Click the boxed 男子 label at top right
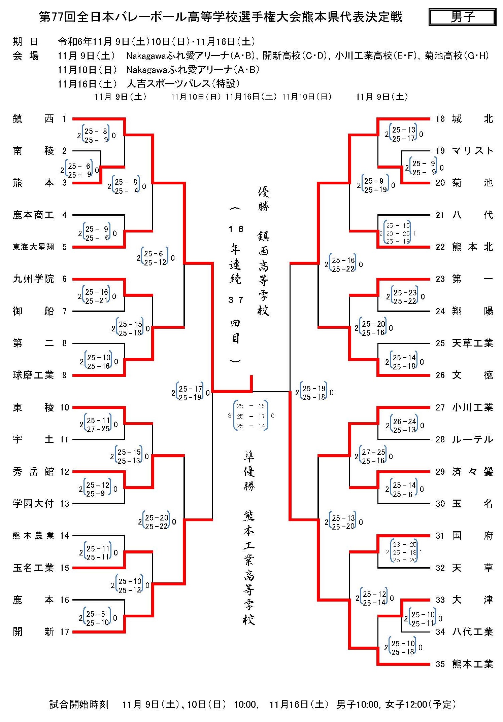point(462,17)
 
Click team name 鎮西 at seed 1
point(33,119)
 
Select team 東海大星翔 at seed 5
point(33,247)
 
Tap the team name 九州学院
point(33,279)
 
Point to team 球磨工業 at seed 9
point(33,375)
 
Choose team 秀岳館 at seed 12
point(33,472)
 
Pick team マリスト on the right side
point(472,151)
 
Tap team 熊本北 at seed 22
point(472,247)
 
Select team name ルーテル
point(472,439)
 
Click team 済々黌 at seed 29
point(472,472)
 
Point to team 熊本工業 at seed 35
point(472,664)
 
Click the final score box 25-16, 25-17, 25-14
point(251,416)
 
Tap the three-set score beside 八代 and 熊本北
point(398,233)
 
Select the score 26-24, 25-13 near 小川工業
point(404,426)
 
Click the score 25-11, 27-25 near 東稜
point(98,424)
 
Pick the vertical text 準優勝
point(249,471)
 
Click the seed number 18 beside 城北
point(440,119)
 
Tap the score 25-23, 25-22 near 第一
point(405,297)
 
